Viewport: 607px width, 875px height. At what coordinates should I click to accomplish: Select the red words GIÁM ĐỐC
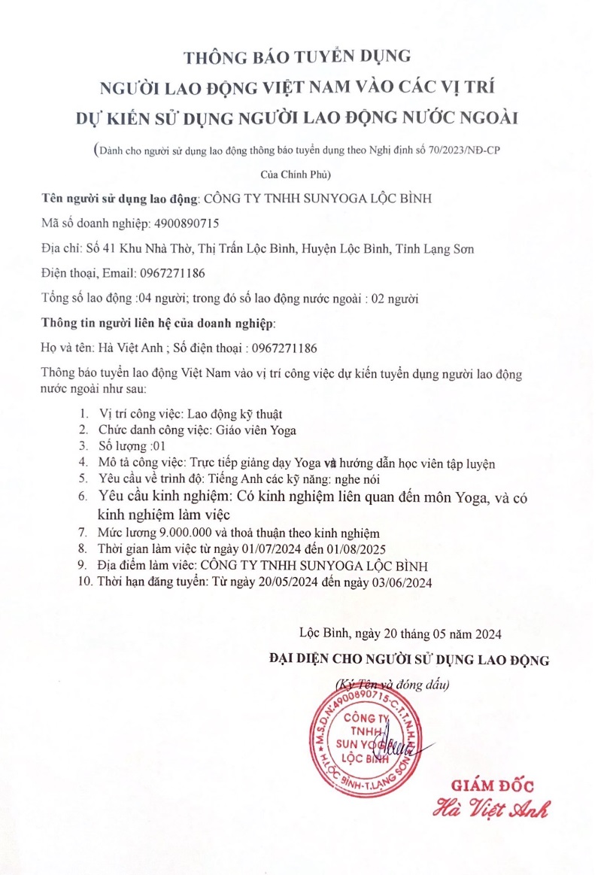[493, 786]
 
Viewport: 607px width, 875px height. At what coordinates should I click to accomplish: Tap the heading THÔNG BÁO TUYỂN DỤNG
[303, 56]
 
